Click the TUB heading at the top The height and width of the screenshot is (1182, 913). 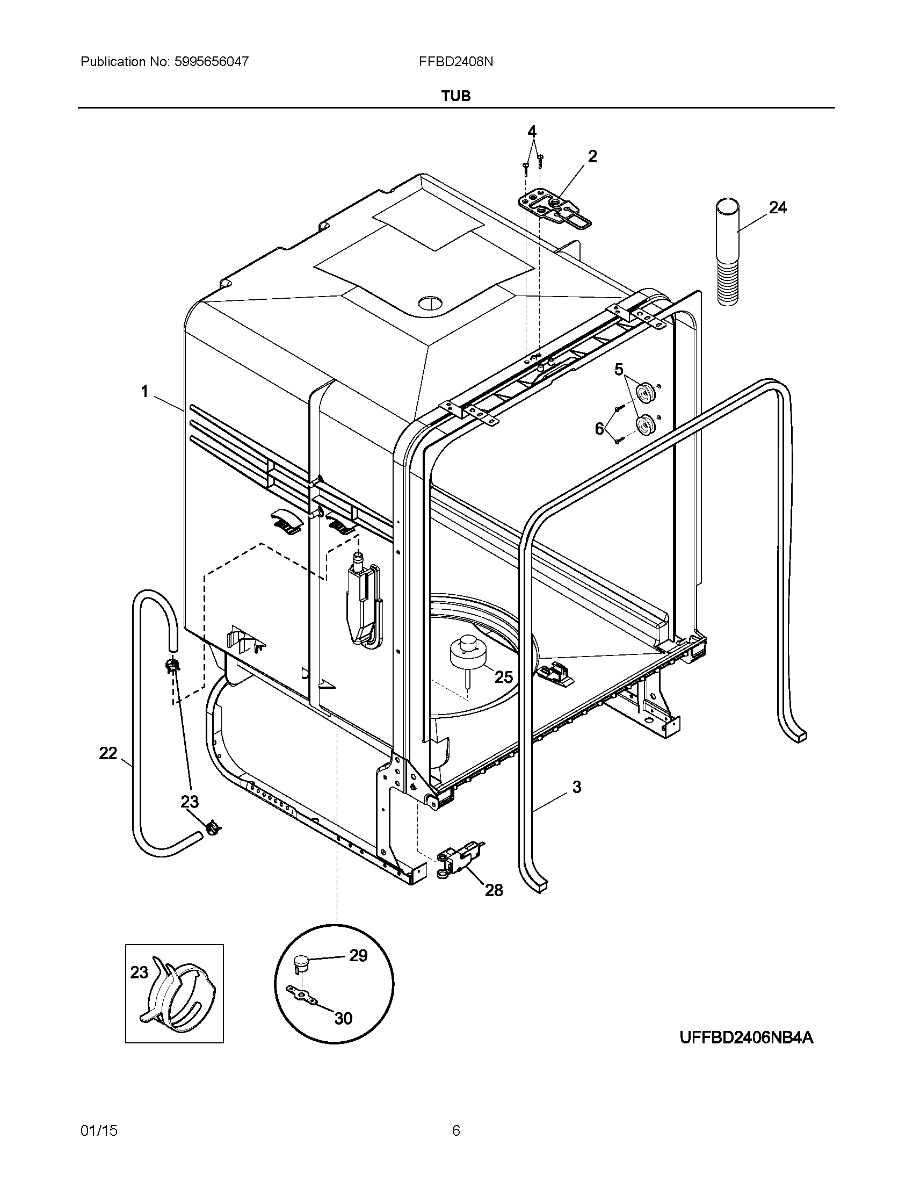[x=456, y=96]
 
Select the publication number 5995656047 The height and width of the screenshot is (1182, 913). [x=212, y=62]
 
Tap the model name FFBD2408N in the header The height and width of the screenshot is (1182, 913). [x=455, y=62]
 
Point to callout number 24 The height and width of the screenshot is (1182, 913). [x=777, y=207]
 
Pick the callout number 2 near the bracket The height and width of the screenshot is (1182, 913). [x=592, y=156]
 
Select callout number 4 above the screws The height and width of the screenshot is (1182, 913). [x=532, y=132]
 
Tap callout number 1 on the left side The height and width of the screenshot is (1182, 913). [x=144, y=391]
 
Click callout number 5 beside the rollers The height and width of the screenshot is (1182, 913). [x=619, y=370]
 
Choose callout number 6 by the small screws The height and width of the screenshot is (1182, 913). [x=599, y=429]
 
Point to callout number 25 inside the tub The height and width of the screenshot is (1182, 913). [x=504, y=676]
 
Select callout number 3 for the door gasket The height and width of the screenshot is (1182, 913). [x=577, y=787]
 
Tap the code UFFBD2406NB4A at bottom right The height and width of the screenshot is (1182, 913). [x=746, y=1037]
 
